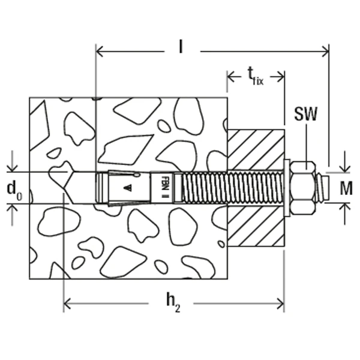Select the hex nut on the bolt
coord(304,188)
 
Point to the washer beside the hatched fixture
coord(287,188)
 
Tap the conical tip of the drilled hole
coord(71,188)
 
